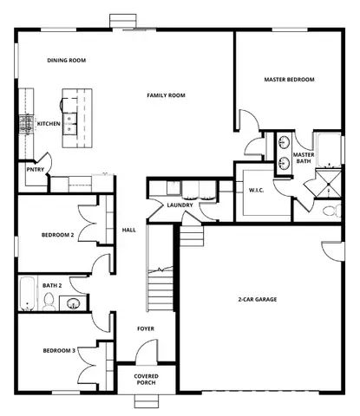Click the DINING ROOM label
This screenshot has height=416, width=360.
66,60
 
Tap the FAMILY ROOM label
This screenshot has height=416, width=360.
166,95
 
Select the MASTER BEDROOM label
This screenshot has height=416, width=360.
288,80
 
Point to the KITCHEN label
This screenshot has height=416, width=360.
49,124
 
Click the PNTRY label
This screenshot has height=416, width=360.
34,170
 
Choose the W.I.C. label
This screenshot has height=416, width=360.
256,190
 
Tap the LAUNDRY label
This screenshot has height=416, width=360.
180,205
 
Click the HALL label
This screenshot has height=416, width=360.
129,230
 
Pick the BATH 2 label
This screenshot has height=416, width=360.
52,284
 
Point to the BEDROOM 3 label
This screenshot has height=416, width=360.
59,350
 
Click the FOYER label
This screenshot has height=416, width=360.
146,328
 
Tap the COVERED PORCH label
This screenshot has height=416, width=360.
146,380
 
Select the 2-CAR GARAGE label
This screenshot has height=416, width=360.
258,299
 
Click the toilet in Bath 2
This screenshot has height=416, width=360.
50,302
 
